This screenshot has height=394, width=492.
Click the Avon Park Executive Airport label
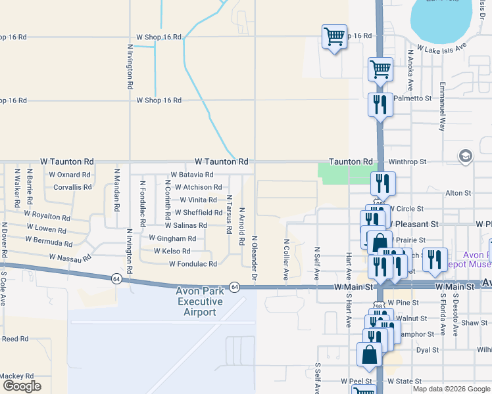(200, 301)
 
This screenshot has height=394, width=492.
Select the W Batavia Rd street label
(191, 175)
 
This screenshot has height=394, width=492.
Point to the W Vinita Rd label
(195, 200)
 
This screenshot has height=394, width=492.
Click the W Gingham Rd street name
(172, 238)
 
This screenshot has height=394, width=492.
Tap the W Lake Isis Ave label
(436, 47)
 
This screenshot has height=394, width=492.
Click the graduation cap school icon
(466, 156)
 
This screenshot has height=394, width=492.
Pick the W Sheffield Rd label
(198, 213)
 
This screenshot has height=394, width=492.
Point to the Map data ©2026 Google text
(451, 389)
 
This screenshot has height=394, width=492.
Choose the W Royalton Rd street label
(47, 215)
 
